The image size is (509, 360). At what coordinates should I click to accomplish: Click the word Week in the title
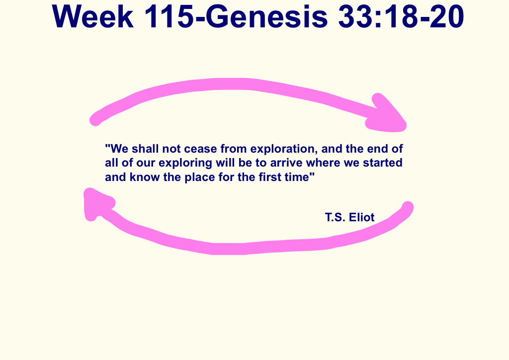92,16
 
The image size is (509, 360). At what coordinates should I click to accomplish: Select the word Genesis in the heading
266,16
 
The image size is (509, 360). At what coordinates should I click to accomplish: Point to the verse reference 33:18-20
401,16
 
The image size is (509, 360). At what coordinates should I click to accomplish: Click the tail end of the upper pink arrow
95,120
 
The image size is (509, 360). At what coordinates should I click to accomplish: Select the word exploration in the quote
284,149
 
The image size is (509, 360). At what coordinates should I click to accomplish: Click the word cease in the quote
202,149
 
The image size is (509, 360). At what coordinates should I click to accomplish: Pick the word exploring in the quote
186,163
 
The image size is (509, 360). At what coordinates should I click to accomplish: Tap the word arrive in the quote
286,163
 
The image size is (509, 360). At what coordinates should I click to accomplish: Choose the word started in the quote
383,163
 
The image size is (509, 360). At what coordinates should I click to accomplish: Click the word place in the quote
199,177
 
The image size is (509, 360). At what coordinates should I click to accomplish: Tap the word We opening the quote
119,149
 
